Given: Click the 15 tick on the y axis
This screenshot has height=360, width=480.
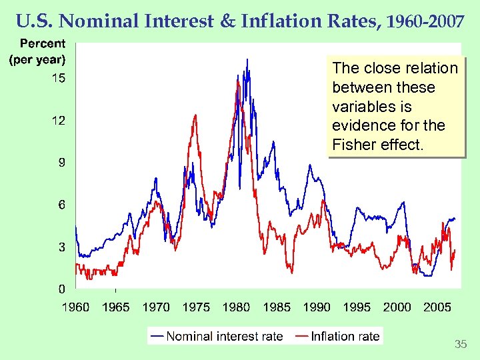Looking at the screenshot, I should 59,79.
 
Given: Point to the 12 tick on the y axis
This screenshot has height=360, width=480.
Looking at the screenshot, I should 59,121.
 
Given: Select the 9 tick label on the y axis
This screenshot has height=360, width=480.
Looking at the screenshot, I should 61,163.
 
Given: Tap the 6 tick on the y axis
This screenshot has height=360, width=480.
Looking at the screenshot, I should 61,205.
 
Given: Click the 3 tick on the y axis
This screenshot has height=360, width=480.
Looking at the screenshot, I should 61,247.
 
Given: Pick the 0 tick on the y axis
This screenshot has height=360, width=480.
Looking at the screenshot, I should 61,289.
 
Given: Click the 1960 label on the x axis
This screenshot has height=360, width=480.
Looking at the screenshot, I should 76,307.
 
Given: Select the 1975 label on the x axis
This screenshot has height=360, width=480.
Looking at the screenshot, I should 196,307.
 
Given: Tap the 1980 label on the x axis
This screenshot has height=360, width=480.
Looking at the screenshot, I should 236,307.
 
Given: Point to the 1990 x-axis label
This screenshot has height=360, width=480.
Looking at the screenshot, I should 317,307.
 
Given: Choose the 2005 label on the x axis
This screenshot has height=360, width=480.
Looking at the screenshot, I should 437,307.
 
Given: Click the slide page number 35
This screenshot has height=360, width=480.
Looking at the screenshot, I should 460,345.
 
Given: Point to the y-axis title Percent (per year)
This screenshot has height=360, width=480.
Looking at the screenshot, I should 37,51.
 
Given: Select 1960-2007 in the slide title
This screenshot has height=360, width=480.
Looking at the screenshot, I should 423,22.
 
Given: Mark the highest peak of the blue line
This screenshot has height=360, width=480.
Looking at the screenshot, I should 247,59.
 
